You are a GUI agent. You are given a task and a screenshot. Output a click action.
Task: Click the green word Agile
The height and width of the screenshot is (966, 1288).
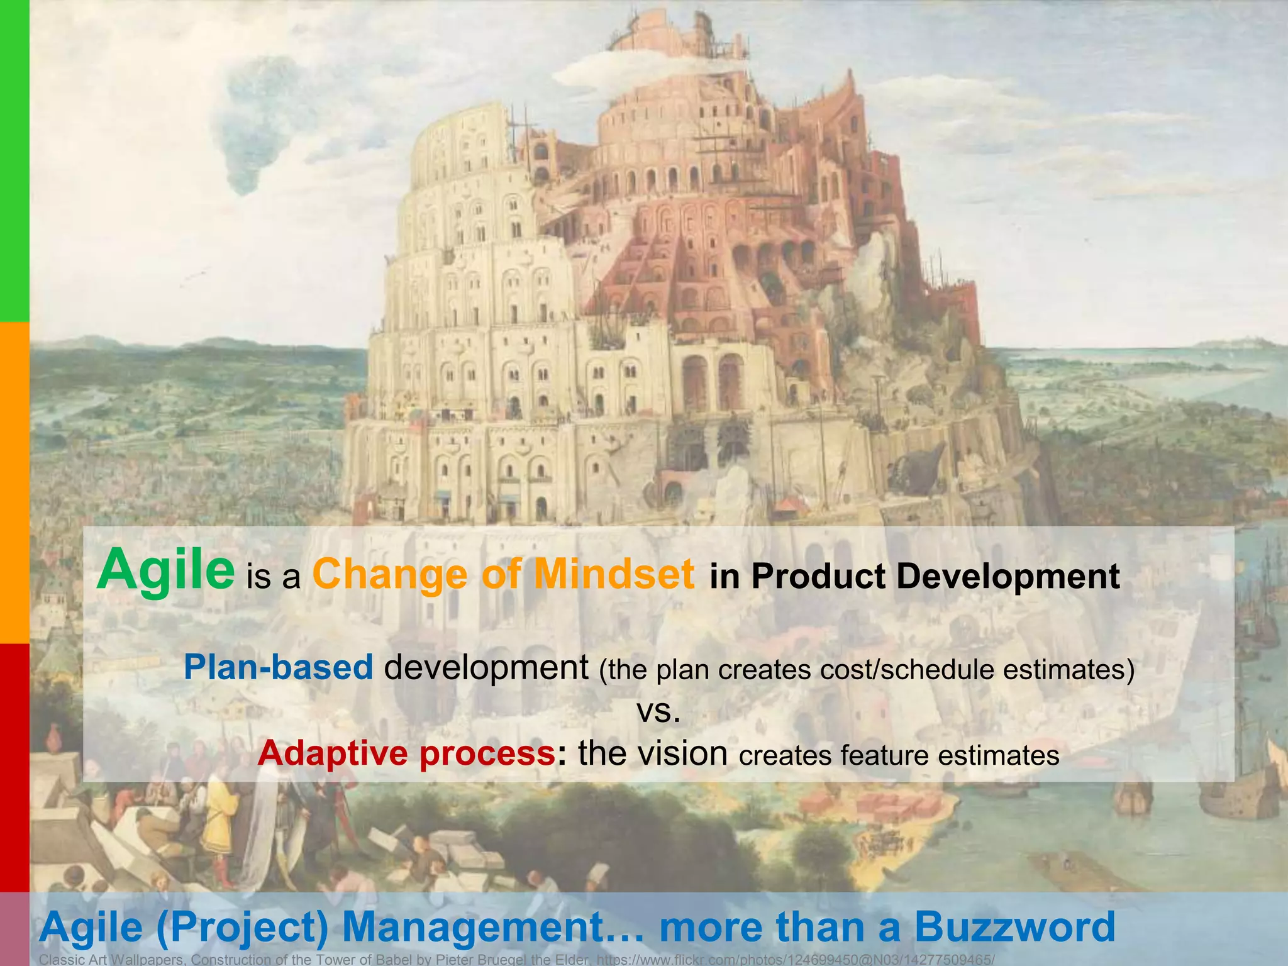coord(165,570)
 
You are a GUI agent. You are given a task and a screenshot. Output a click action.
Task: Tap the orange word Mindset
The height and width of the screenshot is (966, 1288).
coord(614,574)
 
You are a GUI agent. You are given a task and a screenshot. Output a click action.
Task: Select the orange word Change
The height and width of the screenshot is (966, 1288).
coord(390,575)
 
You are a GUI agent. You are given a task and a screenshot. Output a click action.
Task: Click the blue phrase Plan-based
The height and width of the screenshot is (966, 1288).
coord(279,667)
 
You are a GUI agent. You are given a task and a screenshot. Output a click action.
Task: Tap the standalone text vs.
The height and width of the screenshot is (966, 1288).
coord(658,711)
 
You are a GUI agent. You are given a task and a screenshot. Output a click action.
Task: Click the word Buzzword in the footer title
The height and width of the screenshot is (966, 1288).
coord(1014,927)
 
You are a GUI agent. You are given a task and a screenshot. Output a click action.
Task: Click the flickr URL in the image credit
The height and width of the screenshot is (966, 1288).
coord(795,960)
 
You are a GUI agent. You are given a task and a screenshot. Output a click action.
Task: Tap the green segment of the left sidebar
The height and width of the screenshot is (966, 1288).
coord(14,160)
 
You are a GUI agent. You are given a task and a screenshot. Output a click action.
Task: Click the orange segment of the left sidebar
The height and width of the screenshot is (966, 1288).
coord(14,482)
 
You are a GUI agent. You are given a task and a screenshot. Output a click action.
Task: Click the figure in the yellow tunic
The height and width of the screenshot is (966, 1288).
coord(218,818)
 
